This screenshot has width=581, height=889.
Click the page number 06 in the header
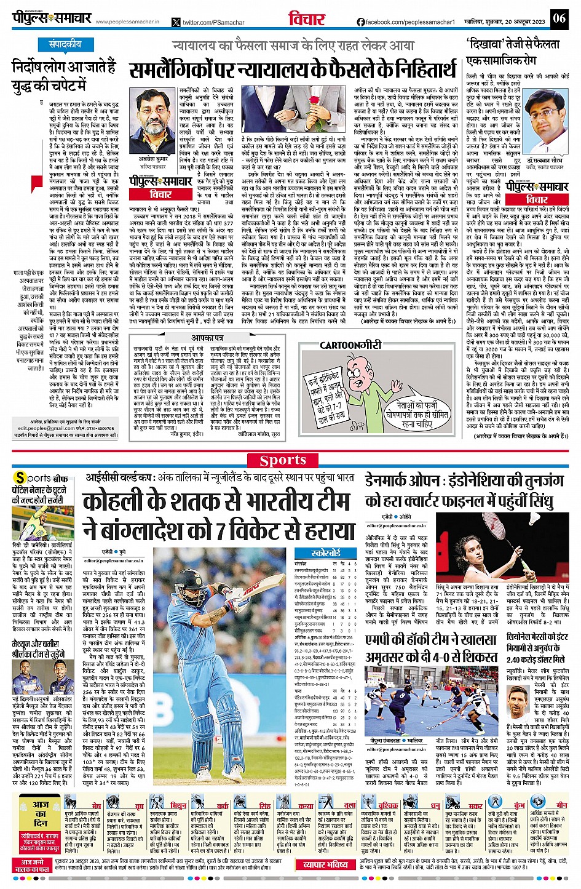tap(558, 18)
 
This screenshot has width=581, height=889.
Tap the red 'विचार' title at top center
tap(307, 18)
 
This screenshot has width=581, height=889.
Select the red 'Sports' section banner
tap(283, 460)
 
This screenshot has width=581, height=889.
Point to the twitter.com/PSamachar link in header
tap(204, 22)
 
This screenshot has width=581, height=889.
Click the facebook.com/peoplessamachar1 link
tap(410, 22)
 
